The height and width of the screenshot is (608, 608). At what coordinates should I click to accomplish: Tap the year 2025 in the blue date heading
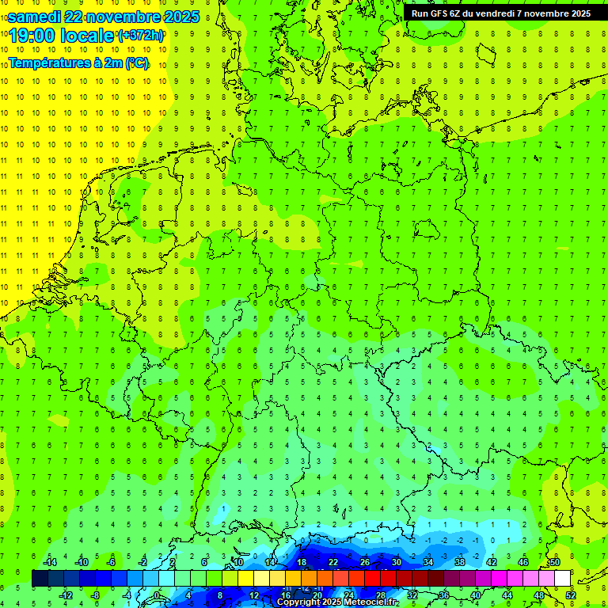(178, 17)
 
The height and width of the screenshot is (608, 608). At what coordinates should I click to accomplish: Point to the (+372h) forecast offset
(141, 36)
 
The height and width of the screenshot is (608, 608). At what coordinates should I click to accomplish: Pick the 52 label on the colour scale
(571, 595)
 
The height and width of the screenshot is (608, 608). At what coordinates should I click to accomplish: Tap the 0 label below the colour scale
(157, 595)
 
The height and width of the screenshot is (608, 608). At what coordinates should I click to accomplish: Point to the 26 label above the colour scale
(365, 562)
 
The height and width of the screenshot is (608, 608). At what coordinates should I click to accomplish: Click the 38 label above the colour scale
(460, 562)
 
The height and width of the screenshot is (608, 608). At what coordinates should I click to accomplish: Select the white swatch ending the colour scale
(562, 579)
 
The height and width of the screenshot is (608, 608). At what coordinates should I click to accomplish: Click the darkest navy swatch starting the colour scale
(40, 579)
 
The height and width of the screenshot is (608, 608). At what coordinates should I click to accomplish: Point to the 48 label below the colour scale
(538, 595)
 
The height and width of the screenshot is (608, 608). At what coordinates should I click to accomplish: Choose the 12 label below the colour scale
(254, 595)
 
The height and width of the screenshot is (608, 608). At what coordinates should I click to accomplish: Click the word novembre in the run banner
(545, 13)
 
